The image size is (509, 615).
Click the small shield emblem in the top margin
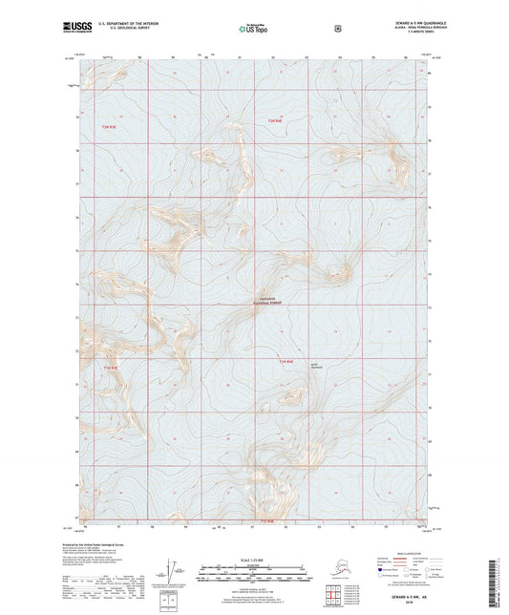(337, 28)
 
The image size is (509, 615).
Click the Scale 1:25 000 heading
(254, 560)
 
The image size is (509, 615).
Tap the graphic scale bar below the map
(254, 576)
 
